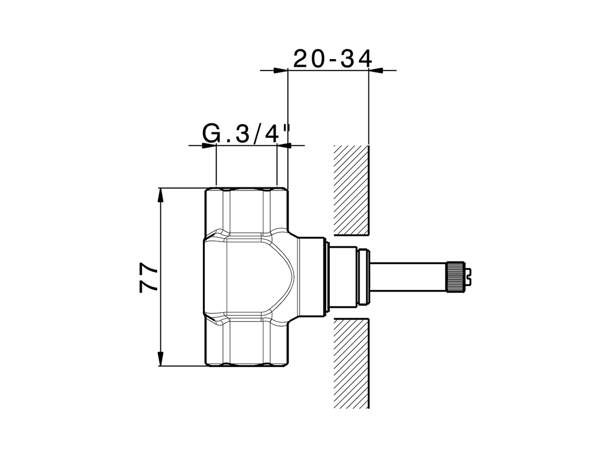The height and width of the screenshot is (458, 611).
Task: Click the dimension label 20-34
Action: tap(332, 59)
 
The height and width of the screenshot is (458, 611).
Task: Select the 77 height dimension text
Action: tap(149, 278)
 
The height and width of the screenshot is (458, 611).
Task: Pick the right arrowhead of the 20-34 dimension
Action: tap(376, 71)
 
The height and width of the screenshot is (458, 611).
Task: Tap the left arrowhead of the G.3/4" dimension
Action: tap(209, 145)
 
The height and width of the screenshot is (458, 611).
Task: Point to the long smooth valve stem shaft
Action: tap(408, 276)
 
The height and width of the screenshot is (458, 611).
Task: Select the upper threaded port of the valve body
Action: tap(246, 210)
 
